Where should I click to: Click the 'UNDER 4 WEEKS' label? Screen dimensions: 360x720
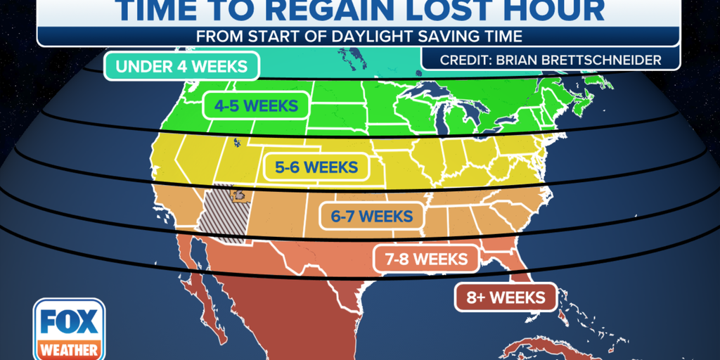click(x=181, y=67)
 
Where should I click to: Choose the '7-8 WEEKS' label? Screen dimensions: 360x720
click(x=426, y=259)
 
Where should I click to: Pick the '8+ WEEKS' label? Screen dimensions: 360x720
click(x=505, y=297)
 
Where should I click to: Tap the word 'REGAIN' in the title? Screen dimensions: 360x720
click(x=345, y=11)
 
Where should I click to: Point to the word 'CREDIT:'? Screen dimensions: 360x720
click(x=467, y=60)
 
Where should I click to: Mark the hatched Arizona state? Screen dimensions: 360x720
click(x=221, y=215)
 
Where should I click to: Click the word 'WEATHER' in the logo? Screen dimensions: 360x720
click(x=68, y=349)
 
